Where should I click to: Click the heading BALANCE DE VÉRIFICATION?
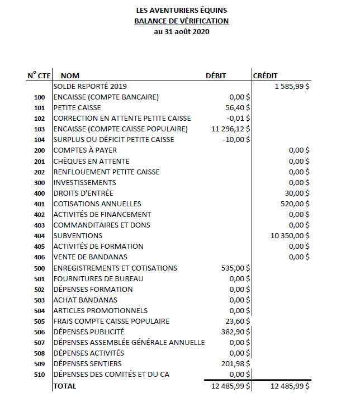click(x=182, y=21)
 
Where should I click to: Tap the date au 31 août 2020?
click(x=182, y=32)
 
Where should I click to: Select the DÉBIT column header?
click(x=217, y=76)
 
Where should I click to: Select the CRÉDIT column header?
click(x=266, y=76)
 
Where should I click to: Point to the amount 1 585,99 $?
click(x=292, y=87)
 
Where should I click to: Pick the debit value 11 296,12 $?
click(x=230, y=129)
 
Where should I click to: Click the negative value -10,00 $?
click(x=236, y=140)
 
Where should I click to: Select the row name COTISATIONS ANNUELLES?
click(x=97, y=204)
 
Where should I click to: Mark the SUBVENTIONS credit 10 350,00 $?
click(x=290, y=236)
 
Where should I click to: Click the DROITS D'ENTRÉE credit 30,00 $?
click(x=297, y=193)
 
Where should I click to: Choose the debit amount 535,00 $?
click(x=235, y=268)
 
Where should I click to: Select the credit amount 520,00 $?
click(x=295, y=204)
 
